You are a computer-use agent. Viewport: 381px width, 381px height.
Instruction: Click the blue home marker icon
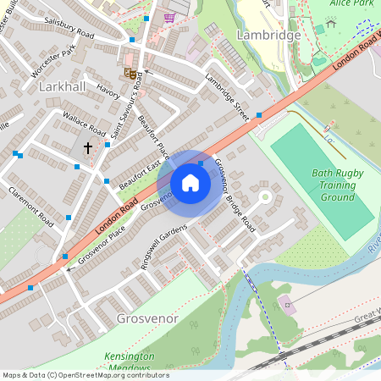click(190, 183)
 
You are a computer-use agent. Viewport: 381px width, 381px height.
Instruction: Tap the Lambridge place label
click(268, 36)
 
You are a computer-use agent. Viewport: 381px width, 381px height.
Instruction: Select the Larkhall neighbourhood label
click(63, 87)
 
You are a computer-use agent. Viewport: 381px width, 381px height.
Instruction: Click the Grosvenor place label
click(143, 319)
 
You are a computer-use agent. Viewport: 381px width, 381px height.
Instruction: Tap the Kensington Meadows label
click(130, 361)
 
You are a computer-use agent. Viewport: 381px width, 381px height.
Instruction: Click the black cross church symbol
click(87, 147)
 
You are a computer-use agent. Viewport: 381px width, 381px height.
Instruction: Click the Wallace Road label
click(84, 124)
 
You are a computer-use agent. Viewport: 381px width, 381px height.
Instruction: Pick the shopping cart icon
click(169, 16)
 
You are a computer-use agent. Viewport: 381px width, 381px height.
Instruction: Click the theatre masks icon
click(131, 74)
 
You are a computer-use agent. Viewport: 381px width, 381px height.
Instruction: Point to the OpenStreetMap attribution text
click(85, 375)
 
